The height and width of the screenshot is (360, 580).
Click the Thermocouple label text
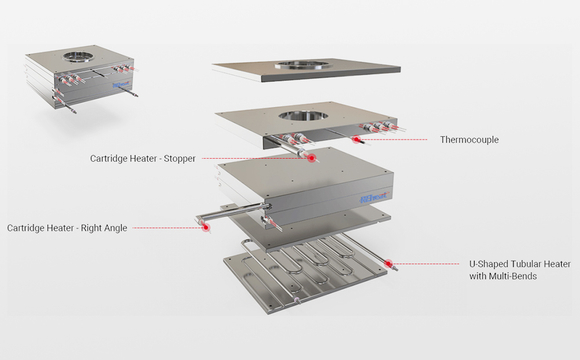click(469, 140)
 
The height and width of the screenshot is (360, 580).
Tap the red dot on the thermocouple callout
click(356, 139)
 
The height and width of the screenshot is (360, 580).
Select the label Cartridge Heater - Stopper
click(143, 158)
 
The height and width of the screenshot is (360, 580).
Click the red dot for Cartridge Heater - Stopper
click(312, 158)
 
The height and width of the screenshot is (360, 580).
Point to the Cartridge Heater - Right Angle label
click(67, 228)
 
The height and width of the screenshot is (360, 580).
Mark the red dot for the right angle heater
click(206, 228)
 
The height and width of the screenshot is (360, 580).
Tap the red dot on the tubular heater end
click(388, 264)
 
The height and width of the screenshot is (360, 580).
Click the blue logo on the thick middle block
click(374, 197)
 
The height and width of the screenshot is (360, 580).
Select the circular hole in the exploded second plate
click(303, 115)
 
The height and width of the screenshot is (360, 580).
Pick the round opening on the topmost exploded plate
click(301, 65)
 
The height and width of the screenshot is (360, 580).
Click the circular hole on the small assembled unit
click(78, 57)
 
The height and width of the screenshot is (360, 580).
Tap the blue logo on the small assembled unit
click(122, 85)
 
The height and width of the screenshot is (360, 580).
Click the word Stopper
click(180, 158)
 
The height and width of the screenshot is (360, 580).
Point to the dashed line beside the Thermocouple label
click(394, 139)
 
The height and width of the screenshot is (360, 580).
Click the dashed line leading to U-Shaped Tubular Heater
click(425, 264)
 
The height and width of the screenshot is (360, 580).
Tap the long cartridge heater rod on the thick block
click(233, 212)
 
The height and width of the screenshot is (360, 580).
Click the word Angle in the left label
click(115, 228)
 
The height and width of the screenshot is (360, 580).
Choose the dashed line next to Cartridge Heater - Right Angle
click(167, 228)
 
